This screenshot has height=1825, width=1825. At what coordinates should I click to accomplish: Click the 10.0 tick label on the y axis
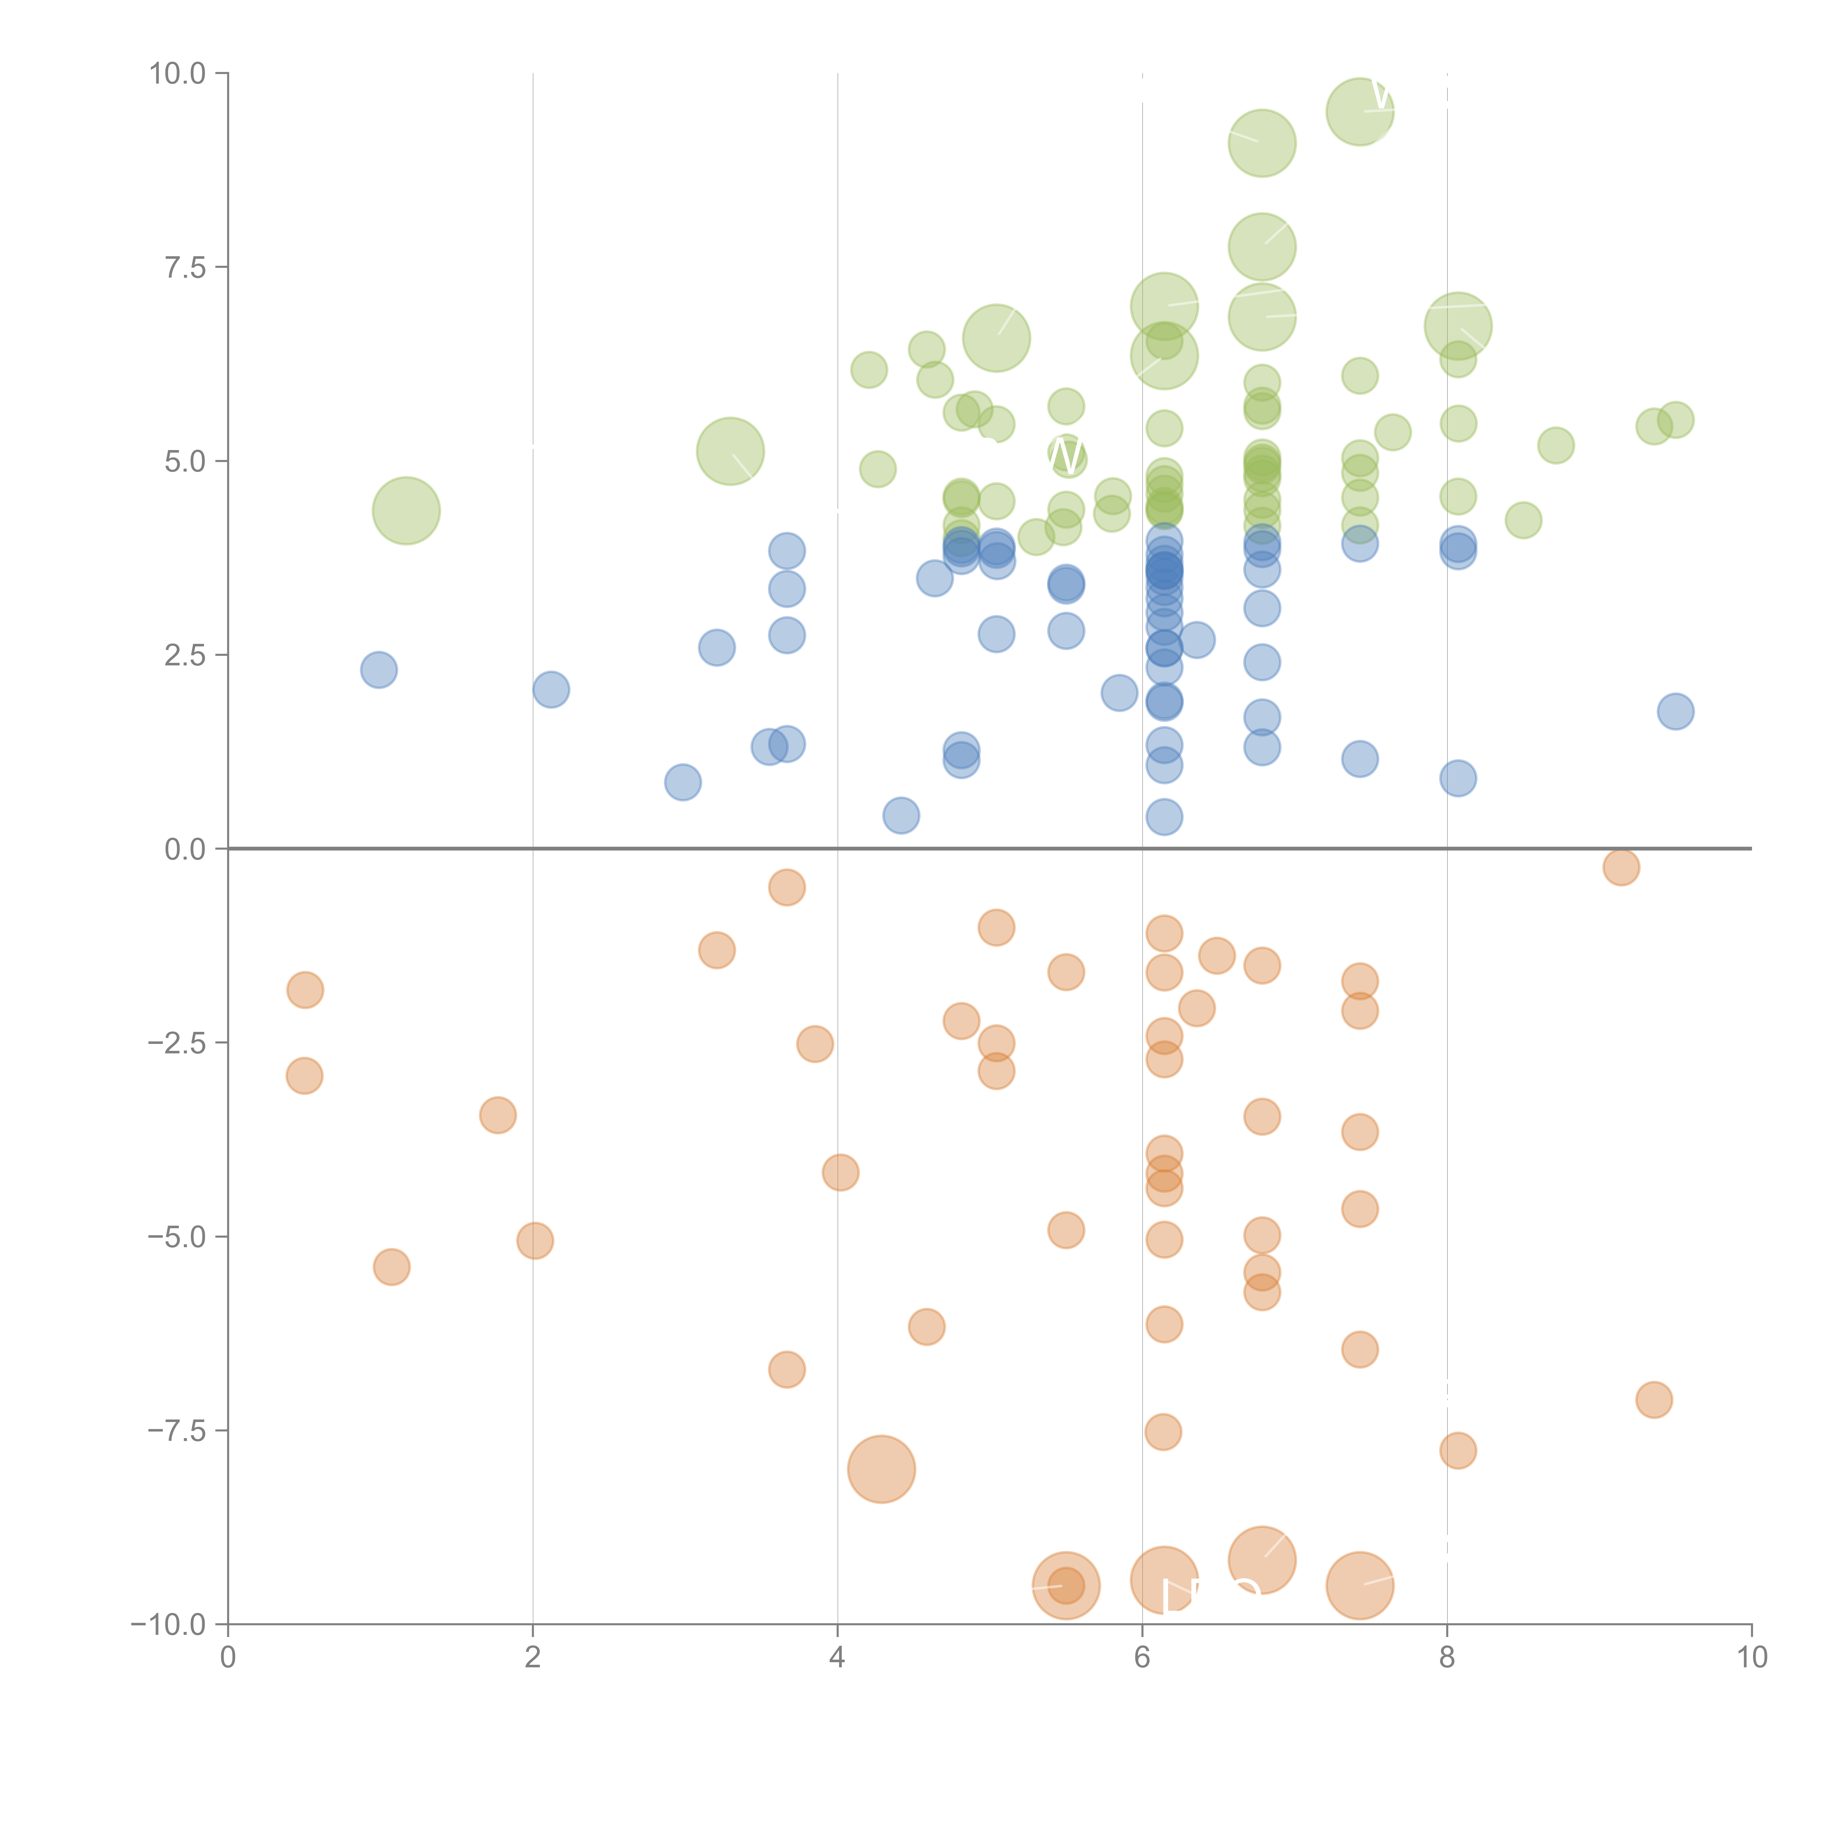pyautogui.click(x=178, y=74)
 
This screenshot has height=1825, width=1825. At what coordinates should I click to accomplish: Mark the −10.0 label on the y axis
pyautogui.click(x=168, y=1625)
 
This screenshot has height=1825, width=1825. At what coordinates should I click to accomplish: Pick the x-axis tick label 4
pyautogui.click(x=837, y=1658)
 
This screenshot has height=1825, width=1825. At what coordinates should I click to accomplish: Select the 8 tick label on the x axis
pyautogui.click(x=1446, y=1658)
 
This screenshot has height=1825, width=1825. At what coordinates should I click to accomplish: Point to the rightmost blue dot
pyautogui.click(x=1675, y=711)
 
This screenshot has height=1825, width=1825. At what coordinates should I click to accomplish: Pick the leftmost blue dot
pyautogui.click(x=379, y=670)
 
